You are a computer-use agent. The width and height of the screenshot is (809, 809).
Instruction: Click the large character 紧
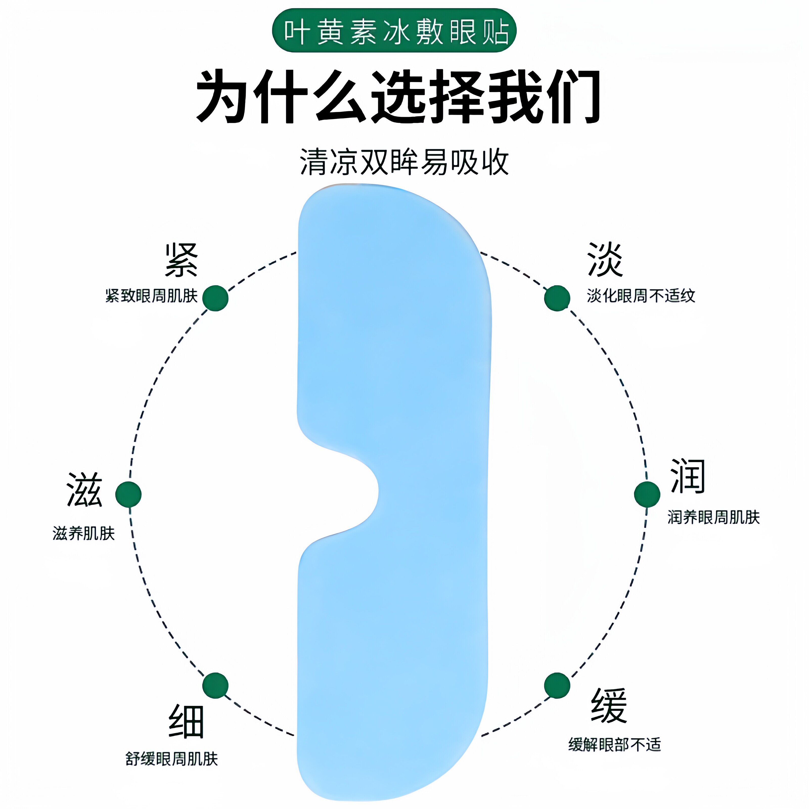click(181, 260)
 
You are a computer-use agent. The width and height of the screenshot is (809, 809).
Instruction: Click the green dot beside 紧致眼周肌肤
click(215, 298)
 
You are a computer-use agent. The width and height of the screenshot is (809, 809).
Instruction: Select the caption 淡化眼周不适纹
click(641, 296)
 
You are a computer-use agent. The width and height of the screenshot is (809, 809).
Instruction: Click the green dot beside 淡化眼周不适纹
click(557, 298)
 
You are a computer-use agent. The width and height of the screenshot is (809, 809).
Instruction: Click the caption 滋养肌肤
click(84, 533)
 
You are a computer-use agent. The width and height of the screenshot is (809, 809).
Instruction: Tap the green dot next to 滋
click(128, 494)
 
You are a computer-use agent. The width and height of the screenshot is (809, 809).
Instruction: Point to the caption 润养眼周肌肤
click(713, 517)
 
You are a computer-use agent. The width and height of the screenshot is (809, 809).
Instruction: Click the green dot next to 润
click(647, 494)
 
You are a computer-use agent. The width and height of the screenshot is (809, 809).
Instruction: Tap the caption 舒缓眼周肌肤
click(172, 759)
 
